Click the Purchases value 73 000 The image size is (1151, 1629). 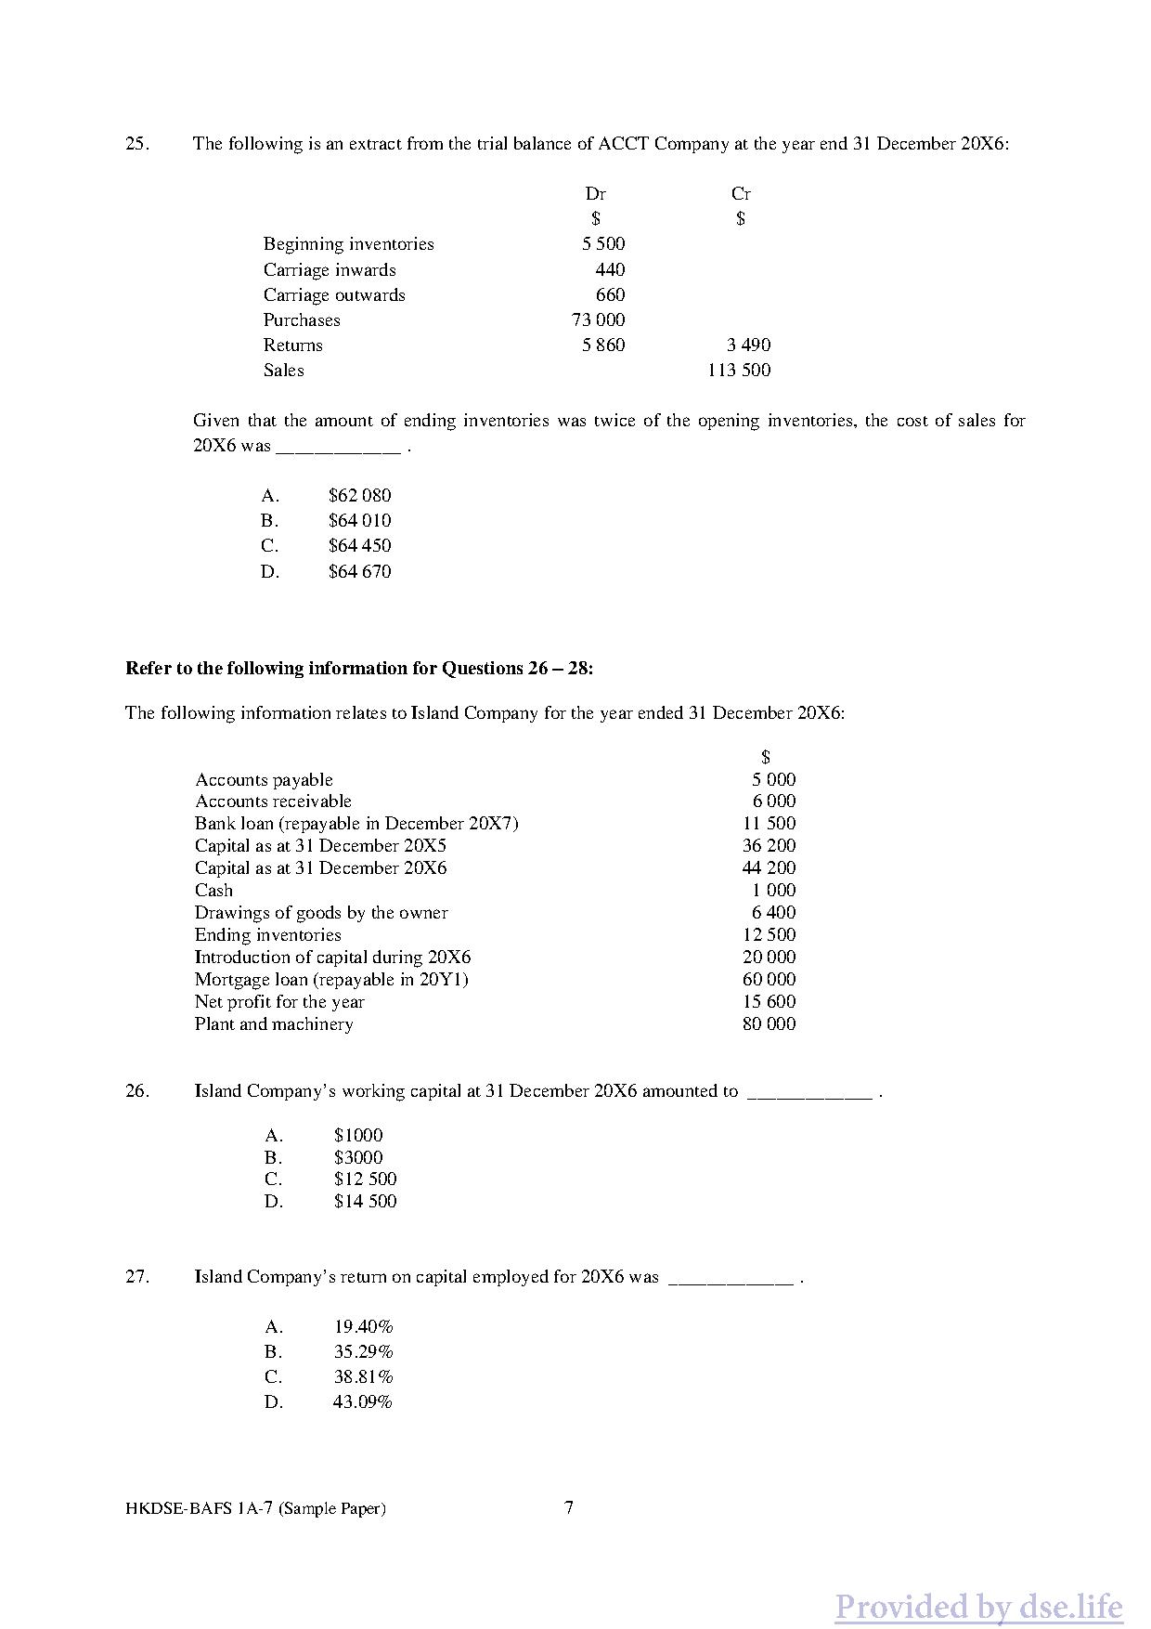click(x=598, y=320)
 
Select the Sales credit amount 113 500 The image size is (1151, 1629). click(x=739, y=371)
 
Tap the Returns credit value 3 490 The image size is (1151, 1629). click(x=748, y=345)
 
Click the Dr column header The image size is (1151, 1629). click(x=595, y=194)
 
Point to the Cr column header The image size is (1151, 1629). click(x=741, y=194)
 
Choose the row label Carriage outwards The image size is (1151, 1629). click(x=334, y=295)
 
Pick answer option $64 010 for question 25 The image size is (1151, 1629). click(x=359, y=521)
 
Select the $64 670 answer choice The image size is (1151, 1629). click(x=359, y=572)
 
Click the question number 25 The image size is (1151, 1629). click(x=136, y=144)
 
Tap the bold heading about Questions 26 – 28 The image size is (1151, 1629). click(x=359, y=669)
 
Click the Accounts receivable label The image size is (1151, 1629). click(x=273, y=801)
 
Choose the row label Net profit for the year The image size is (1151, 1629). click(x=279, y=1002)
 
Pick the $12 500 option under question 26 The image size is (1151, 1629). click(x=365, y=1179)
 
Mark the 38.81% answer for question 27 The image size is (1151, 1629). click(x=363, y=1377)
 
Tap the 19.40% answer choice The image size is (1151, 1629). click(x=363, y=1327)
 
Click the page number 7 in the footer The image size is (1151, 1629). click(x=569, y=1507)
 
